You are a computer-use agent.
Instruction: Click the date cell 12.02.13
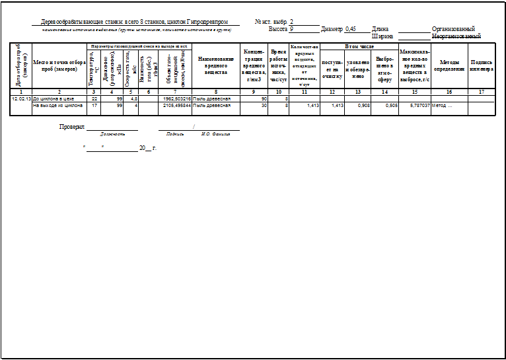pos(22,98)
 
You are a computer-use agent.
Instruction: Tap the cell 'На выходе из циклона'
pos(58,104)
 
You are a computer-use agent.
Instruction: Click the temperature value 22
pos(94,98)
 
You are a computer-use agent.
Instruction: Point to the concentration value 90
pos(264,98)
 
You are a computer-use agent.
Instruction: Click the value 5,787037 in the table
pos(416,104)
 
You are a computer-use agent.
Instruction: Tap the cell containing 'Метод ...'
pos(441,104)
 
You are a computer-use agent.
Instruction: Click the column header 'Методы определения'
pos(449,66)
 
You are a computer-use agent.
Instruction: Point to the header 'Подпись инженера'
pos(482,65)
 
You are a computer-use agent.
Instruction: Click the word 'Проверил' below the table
pos(72,126)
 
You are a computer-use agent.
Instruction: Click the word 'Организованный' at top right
pos(453,29)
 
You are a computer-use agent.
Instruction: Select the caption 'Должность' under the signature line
pos(112,133)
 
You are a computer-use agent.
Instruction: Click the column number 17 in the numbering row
pos(482,91)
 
